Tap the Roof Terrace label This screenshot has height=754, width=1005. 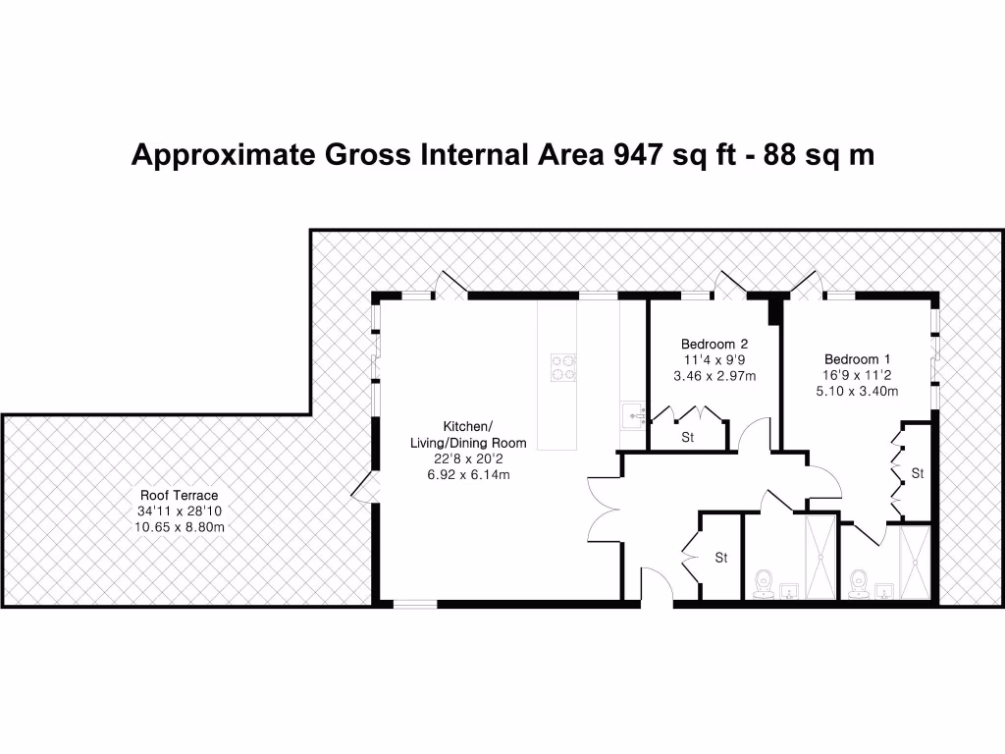(x=179, y=496)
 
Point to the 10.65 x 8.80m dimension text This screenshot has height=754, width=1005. (x=179, y=527)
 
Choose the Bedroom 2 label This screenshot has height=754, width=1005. (x=714, y=344)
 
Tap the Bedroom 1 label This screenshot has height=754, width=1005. (x=858, y=358)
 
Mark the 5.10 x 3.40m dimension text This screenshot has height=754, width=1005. (x=858, y=391)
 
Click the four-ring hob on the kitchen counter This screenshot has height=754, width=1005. (x=563, y=366)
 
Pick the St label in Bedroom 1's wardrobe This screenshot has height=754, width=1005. (x=918, y=473)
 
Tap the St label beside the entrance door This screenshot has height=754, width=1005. (x=720, y=558)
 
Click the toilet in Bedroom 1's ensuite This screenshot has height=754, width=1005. (x=861, y=583)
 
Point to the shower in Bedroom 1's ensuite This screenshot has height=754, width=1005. (x=914, y=562)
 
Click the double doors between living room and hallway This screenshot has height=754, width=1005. (x=601, y=509)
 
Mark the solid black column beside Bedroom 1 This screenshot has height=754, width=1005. (x=774, y=309)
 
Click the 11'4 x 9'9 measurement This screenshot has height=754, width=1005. (x=714, y=359)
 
